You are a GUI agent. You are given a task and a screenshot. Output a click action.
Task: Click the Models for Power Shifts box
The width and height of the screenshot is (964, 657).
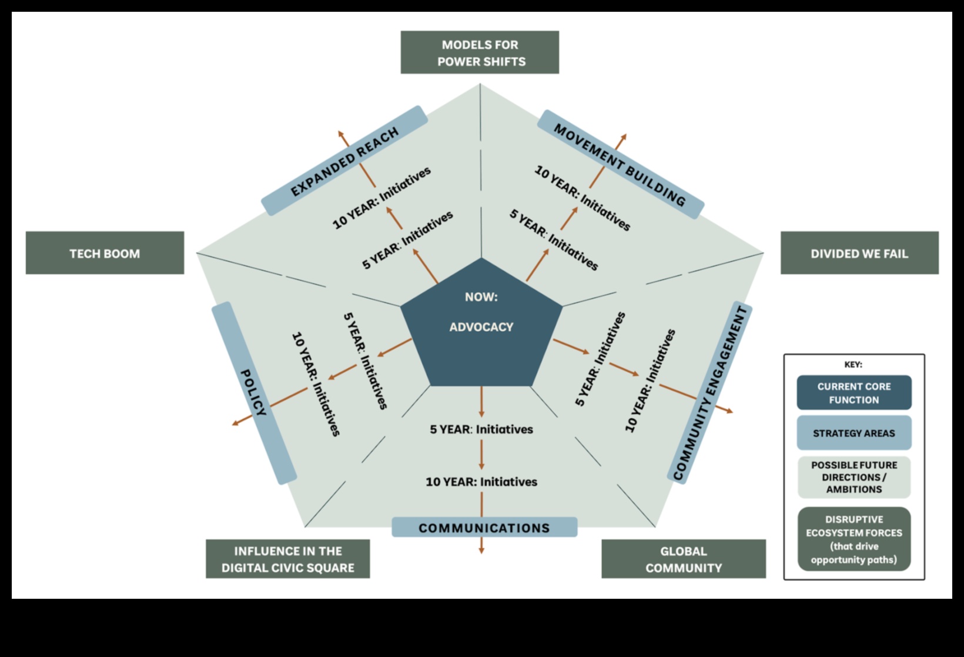(480, 52)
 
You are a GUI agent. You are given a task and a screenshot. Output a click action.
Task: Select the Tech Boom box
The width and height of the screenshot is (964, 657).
(105, 253)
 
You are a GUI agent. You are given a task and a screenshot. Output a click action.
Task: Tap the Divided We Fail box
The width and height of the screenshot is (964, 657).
(859, 253)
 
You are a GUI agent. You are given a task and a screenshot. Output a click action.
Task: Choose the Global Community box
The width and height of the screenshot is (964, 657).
(683, 559)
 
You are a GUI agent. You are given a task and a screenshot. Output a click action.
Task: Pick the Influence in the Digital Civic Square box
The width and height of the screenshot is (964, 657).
(287, 559)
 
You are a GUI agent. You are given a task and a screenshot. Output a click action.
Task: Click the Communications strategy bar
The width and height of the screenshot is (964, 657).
(484, 528)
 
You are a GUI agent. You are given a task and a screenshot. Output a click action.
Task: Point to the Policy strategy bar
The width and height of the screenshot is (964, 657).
(254, 393)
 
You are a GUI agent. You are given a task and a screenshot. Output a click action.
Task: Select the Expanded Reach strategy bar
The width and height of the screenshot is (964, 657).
(344, 161)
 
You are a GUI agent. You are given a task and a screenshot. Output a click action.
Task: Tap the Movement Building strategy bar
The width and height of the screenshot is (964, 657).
(620, 165)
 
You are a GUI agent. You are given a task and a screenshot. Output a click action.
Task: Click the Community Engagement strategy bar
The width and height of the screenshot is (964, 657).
(710, 393)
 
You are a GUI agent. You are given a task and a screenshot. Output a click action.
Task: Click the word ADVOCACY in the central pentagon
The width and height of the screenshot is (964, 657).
(481, 327)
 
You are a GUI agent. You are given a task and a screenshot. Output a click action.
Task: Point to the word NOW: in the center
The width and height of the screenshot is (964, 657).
(481, 297)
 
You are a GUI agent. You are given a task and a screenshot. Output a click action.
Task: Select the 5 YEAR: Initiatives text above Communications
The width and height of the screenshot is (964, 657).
(481, 429)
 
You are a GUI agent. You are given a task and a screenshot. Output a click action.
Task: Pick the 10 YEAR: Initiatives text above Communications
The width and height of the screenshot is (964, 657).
(481, 482)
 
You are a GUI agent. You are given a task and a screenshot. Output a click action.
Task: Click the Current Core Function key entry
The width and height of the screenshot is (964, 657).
(854, 393)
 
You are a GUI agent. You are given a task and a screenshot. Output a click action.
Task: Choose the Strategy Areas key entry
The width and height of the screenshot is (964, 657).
(854, 433)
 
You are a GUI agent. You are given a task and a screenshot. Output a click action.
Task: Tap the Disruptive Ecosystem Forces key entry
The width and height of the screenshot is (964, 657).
(854, 539)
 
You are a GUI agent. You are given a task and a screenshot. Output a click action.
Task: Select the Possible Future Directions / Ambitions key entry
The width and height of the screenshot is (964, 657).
(854, 477)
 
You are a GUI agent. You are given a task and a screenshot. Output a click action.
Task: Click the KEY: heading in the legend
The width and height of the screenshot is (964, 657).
(853, 365)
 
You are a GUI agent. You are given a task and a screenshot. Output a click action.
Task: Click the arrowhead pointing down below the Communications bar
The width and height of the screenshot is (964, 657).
(481, 550)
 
